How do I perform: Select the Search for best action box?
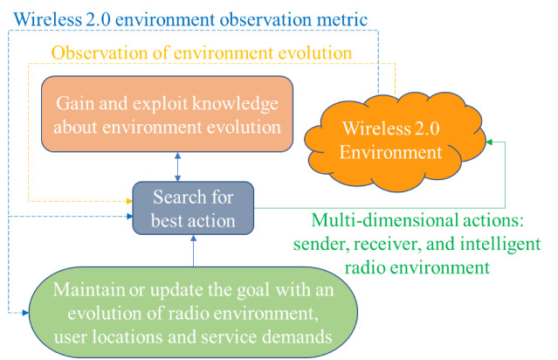(193, 208)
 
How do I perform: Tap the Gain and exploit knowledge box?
(168, 114)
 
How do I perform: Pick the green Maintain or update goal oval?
(193, 312)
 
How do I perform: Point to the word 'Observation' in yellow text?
(100, 52)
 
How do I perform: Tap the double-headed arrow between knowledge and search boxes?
(177, 167)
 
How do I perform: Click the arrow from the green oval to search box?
(193, 251)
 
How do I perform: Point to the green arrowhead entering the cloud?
(489, 142)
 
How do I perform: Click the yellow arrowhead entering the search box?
(129, 202)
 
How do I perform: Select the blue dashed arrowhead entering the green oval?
(25, 313)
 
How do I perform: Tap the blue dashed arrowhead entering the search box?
(129, 216)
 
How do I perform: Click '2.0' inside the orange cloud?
(426, 128)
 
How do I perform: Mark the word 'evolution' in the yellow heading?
(315, 52)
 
